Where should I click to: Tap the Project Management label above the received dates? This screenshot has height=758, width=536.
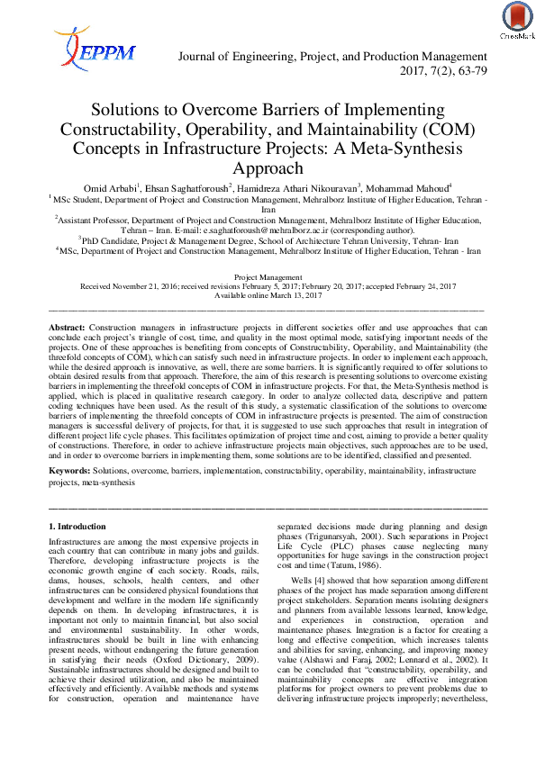(268, 278)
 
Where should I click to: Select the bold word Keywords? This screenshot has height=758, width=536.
(71, 471)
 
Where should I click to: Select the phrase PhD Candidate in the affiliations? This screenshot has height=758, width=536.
(112, 240)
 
